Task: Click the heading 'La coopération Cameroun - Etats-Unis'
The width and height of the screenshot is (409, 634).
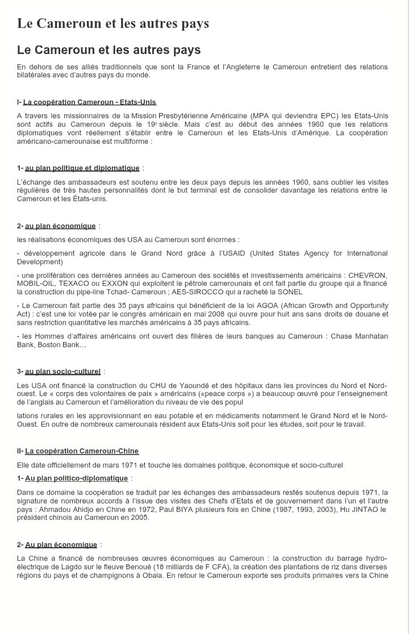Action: (90, 102)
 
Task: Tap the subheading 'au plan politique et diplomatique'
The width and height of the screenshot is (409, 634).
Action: (82, 168)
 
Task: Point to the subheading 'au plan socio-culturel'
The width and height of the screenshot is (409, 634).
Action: (62, 372)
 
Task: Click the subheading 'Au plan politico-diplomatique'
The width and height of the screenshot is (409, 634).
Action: (77, 478)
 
